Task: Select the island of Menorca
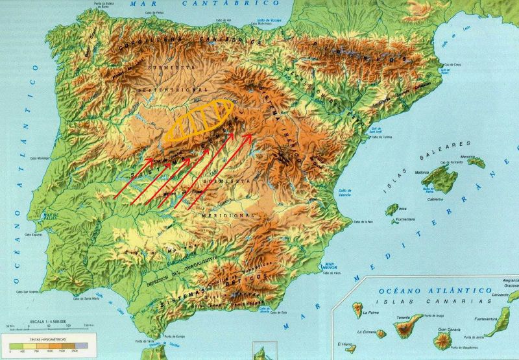tap(478, 162)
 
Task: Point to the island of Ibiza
tap(391, 210)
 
